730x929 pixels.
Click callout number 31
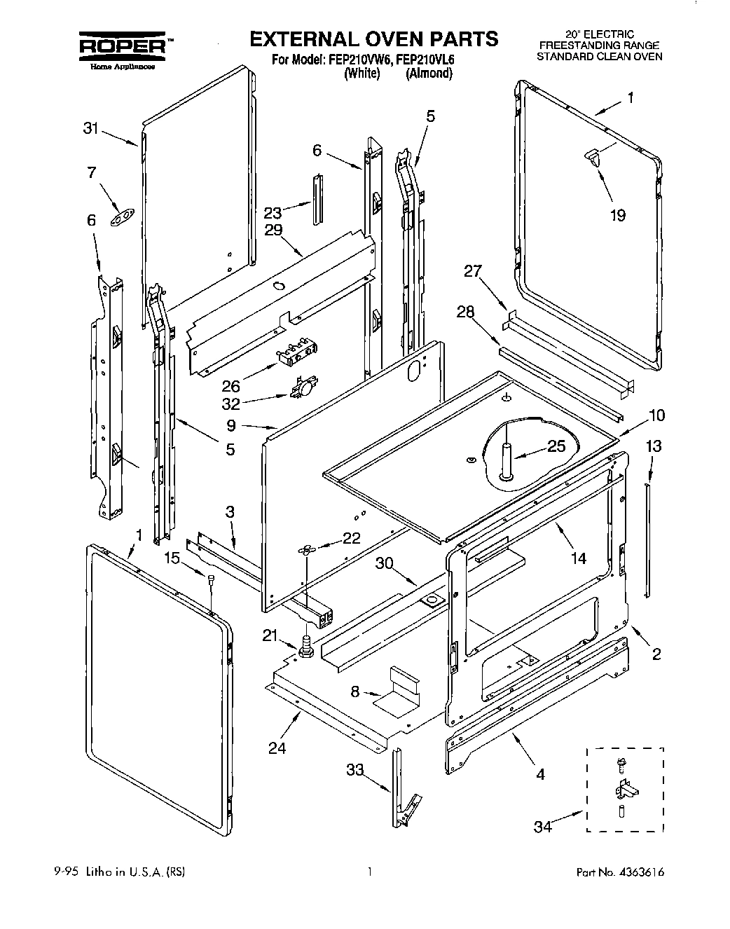point(90,128)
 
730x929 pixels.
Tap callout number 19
point(617,215)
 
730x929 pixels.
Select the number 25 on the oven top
point(556,447)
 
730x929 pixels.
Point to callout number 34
point(543,827)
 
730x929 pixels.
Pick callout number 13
point(653,446)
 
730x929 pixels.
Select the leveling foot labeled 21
point(306,645)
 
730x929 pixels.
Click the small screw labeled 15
point(210,577)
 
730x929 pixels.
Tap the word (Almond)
point(429,73)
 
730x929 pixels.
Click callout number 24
point(277,748)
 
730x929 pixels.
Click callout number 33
point(354,771)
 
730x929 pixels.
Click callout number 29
point(273,230)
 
